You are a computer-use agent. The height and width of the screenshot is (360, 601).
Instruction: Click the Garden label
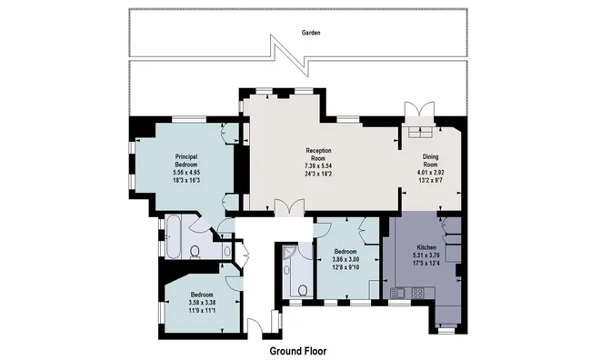point(311,33)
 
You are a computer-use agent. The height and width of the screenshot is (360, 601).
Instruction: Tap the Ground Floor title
point(298,351)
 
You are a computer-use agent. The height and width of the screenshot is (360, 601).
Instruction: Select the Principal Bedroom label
point(186,160)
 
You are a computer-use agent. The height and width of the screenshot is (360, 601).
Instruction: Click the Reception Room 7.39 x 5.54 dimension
point(318,165)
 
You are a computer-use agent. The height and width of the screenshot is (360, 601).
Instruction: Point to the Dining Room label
point(430,160)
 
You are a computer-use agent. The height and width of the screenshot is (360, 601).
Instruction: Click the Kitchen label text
point(426,247)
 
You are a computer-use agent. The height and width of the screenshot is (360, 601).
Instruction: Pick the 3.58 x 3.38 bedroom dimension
point(202,303)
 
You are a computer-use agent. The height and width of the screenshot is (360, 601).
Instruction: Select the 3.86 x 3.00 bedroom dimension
point(346,260)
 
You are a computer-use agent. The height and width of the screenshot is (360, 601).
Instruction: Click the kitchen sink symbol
point(397,293)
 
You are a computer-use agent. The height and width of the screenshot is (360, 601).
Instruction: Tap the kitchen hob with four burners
point(417,293)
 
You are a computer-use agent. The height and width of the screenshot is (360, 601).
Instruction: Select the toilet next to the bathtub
point(195,252)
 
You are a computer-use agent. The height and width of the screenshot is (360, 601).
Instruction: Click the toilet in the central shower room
point(303,290)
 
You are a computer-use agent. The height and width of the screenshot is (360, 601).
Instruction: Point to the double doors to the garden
point(420,109)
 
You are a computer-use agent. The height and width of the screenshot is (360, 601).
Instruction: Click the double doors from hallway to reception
point(289,207)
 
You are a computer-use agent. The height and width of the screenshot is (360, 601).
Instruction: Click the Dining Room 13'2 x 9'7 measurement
point(430,180)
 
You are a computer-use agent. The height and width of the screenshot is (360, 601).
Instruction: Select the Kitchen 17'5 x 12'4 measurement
point(426,263)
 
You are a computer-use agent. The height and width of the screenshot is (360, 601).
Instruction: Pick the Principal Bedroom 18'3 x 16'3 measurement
point(186,180)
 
